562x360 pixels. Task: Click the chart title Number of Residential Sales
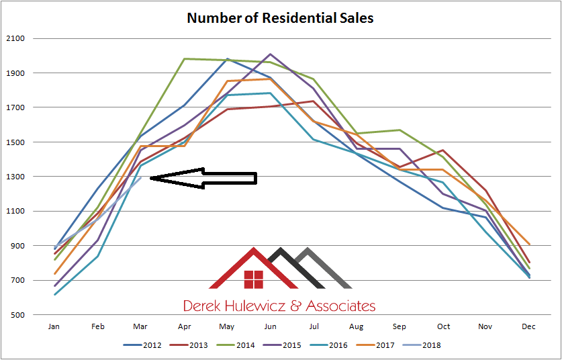[280, 17]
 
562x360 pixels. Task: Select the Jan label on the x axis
[54, 326]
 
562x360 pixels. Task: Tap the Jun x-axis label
[270, 326]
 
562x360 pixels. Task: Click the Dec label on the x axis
[529, 326]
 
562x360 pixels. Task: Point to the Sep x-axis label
[400, 326]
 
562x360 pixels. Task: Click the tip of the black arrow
[150, 178]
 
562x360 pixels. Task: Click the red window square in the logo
[253, 279]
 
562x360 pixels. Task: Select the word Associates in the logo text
[340, 306]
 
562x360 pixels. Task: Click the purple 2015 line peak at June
[270, 54]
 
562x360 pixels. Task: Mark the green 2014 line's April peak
[184, 58]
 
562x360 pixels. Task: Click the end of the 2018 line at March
[140, 177]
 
